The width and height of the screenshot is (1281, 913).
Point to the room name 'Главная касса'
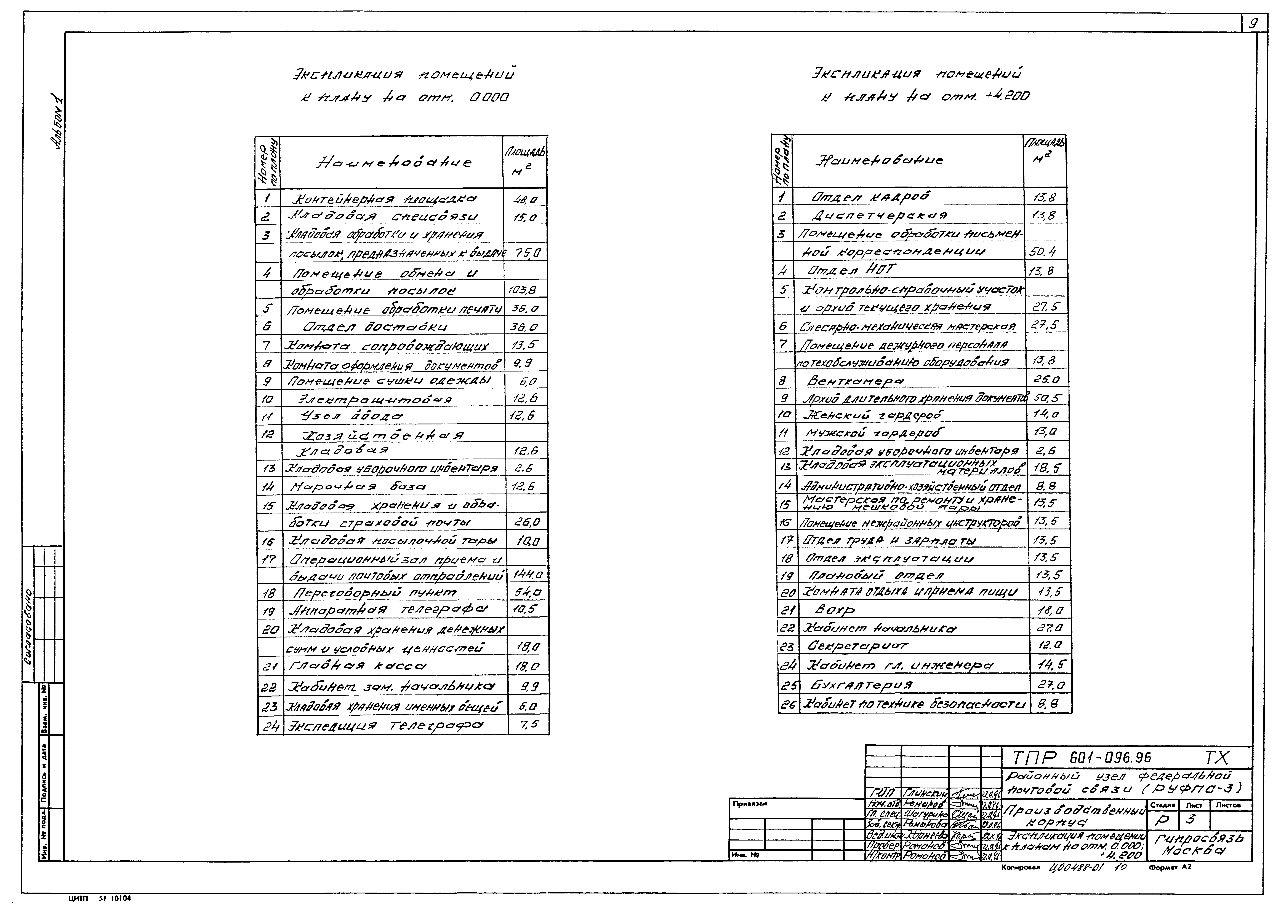357,667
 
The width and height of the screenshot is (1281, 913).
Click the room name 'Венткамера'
855,381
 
